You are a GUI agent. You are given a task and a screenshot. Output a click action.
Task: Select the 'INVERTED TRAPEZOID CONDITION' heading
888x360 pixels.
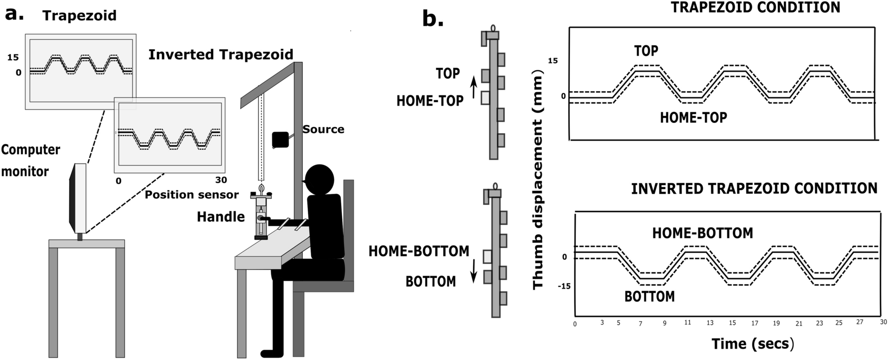click(x=754, y=188)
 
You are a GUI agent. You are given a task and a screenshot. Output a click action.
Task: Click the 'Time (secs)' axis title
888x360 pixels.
click(x=753, y=343)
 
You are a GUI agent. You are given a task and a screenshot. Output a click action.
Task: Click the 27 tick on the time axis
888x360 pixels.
click(x=859, y=322)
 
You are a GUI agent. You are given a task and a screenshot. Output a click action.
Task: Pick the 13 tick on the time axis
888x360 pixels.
click(x=710, y=323)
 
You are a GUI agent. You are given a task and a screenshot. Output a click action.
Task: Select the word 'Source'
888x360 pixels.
click(x=323, y=129)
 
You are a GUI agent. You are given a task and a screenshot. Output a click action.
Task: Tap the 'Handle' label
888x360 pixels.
click(x=221, y=216)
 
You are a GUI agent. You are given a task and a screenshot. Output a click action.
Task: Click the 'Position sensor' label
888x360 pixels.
click(x=192, y=194)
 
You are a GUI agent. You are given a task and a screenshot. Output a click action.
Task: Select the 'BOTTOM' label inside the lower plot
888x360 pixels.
click(x=649, y=296)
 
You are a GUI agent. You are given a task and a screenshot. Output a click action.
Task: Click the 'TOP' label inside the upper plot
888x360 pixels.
click(x=646, y=50)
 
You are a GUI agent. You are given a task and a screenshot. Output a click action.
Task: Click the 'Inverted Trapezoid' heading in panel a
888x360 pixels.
click(x=221, y=54)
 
